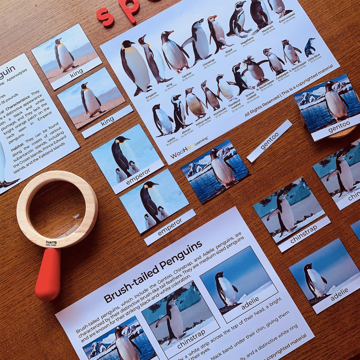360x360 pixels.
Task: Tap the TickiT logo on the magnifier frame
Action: (x=51, y=243)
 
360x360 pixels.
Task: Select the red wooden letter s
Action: (x=105, y=16)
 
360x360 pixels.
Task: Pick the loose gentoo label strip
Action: (x=269, y=141)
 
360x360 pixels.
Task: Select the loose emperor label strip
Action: (x=170, y=227)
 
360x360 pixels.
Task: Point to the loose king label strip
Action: (x=107, y=122)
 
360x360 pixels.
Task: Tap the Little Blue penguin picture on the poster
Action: (x=309, y=47)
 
